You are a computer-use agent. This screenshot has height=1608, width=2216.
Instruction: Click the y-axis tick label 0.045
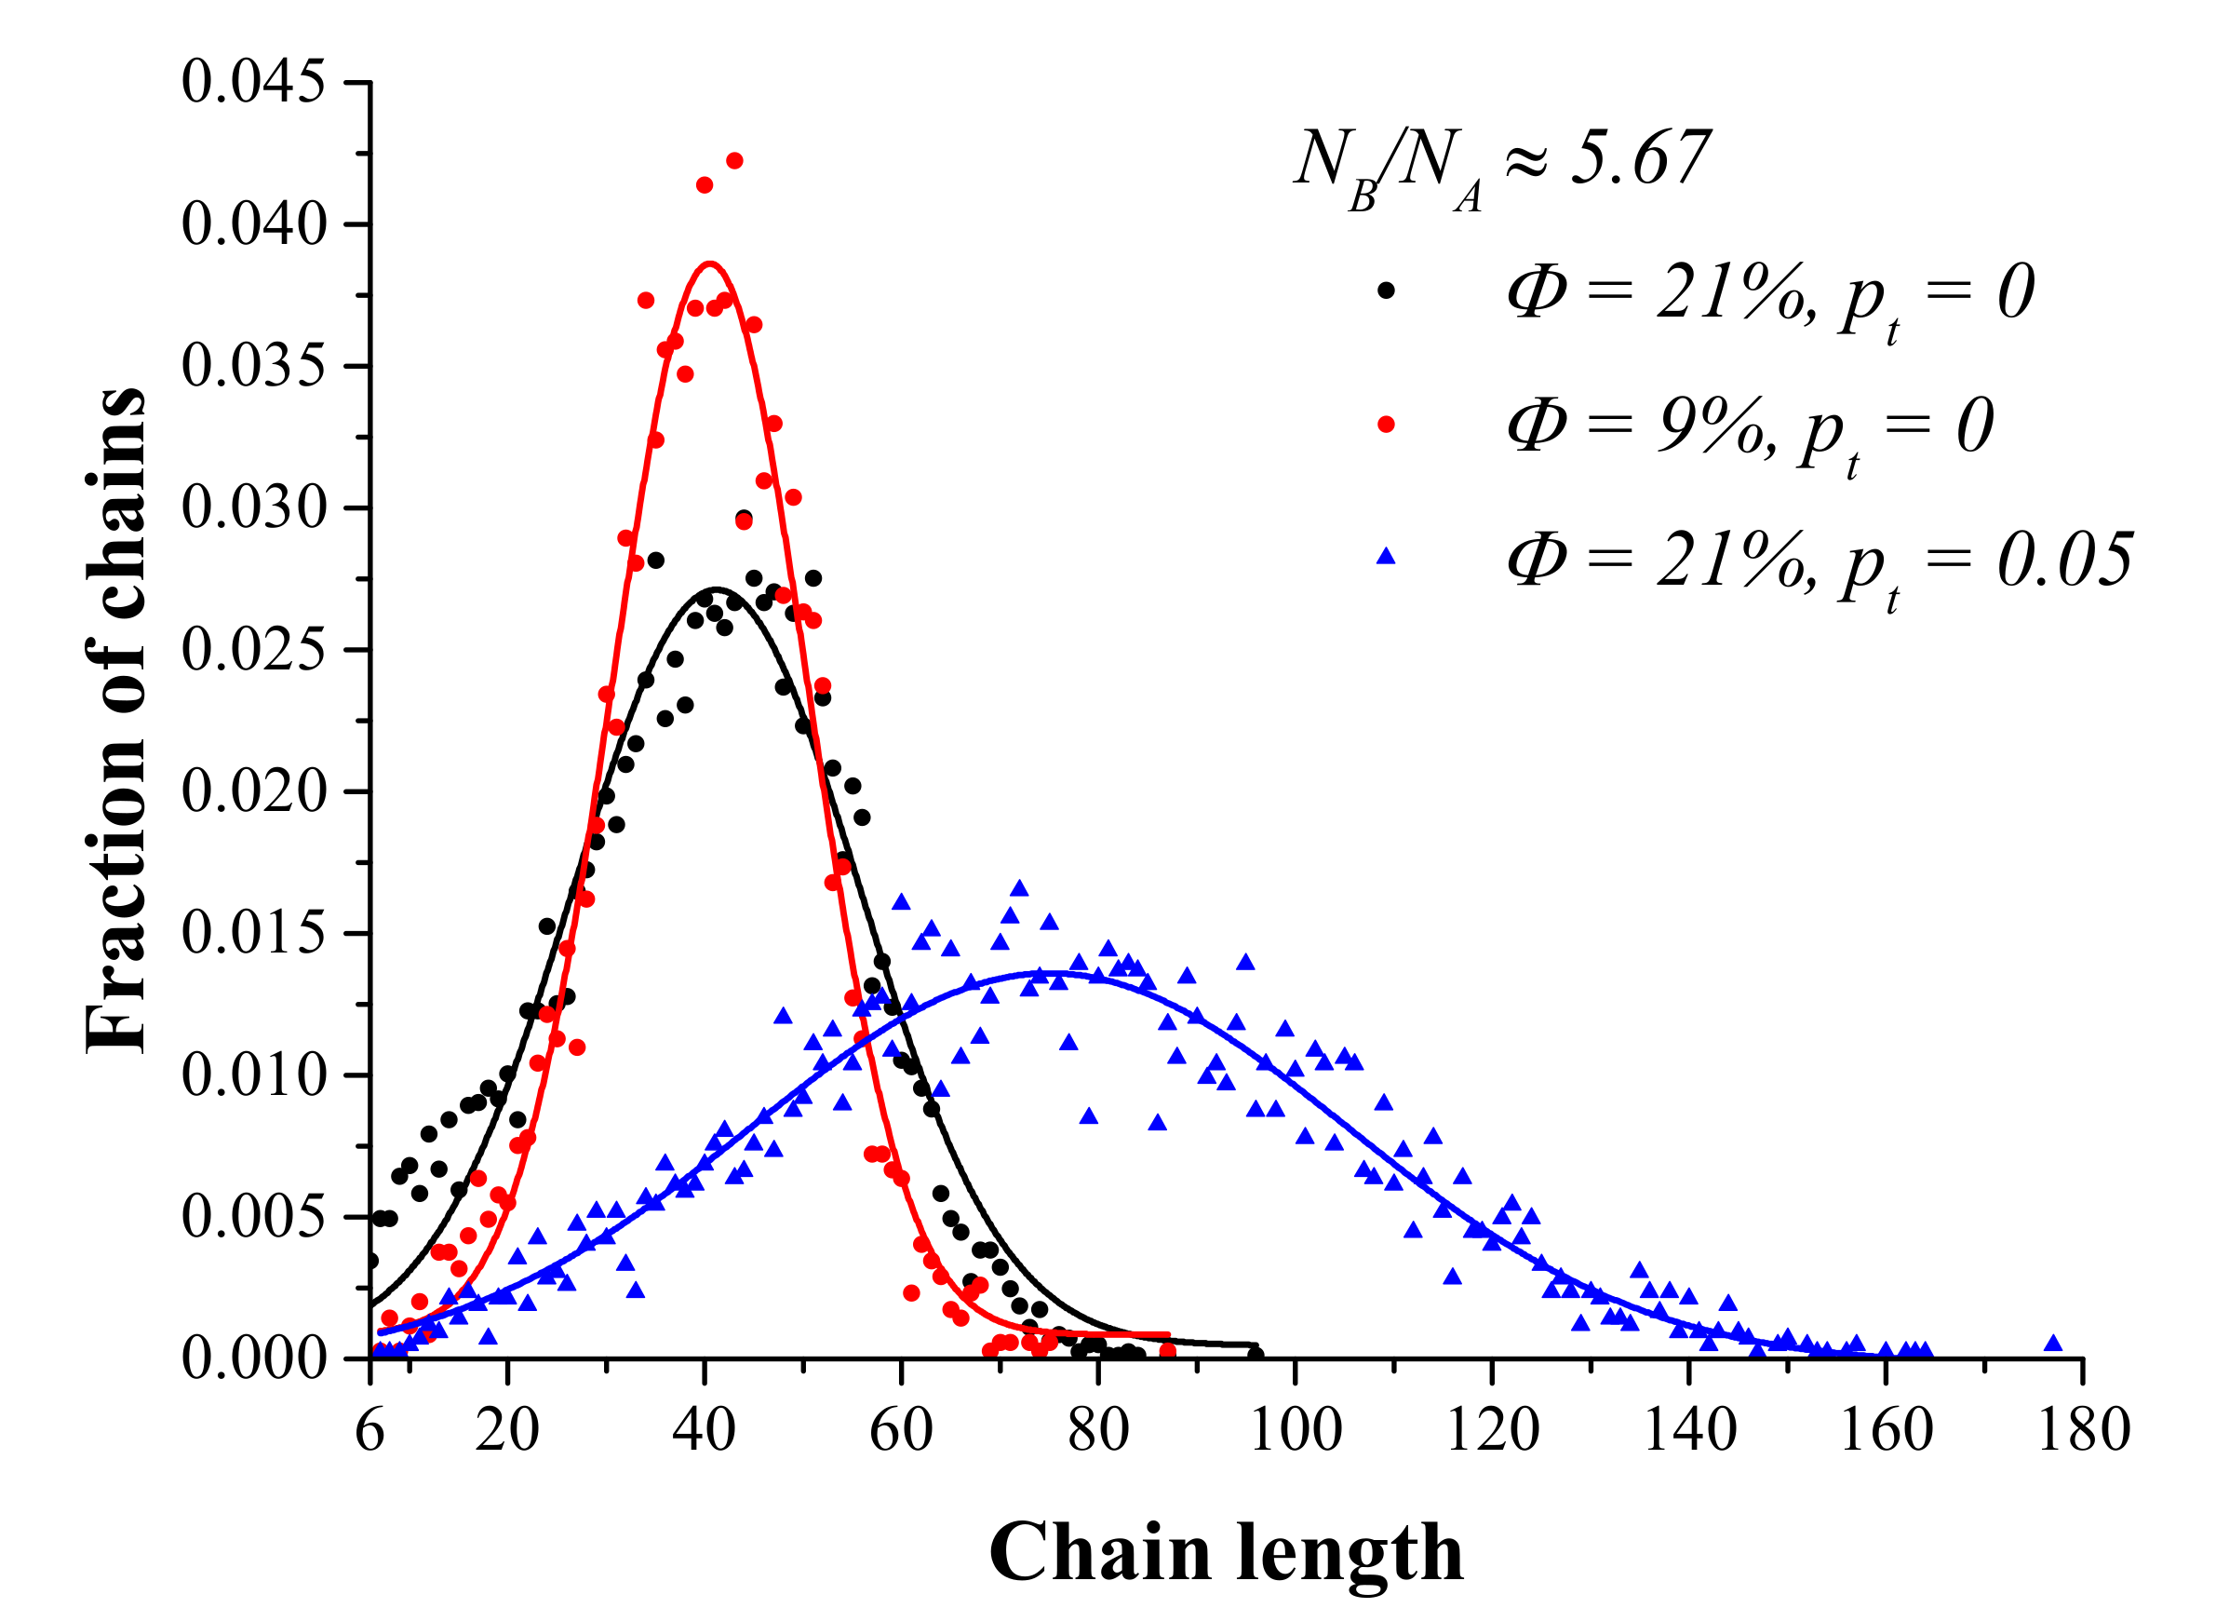click(253, 82)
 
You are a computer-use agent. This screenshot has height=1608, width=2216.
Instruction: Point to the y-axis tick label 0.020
click(253, 791)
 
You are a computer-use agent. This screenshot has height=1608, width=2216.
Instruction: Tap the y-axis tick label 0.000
click(253, 1359)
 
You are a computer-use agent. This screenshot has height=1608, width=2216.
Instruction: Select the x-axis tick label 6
click(369, 1431)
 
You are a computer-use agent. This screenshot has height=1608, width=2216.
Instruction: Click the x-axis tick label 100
click(1296, 1431)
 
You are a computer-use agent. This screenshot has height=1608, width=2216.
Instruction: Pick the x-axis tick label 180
click(2083, 1431)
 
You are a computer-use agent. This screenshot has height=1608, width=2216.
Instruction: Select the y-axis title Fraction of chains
click(115, 721)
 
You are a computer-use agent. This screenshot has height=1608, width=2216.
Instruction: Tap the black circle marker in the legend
click(1386, 291)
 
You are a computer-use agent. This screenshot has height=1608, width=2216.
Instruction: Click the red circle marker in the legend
click(1386, 425)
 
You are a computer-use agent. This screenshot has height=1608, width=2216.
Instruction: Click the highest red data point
click(734, 160)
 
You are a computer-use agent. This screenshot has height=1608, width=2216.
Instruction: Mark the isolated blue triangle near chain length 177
click(2053, 1343)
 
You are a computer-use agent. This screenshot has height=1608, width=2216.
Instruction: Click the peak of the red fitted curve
click(710, 263)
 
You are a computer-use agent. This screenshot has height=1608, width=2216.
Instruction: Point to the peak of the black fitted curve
click(717, 588)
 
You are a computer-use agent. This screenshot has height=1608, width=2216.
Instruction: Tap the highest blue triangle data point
click(1019, 887)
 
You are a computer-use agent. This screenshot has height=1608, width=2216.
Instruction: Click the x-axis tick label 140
click(1689, 1431)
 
